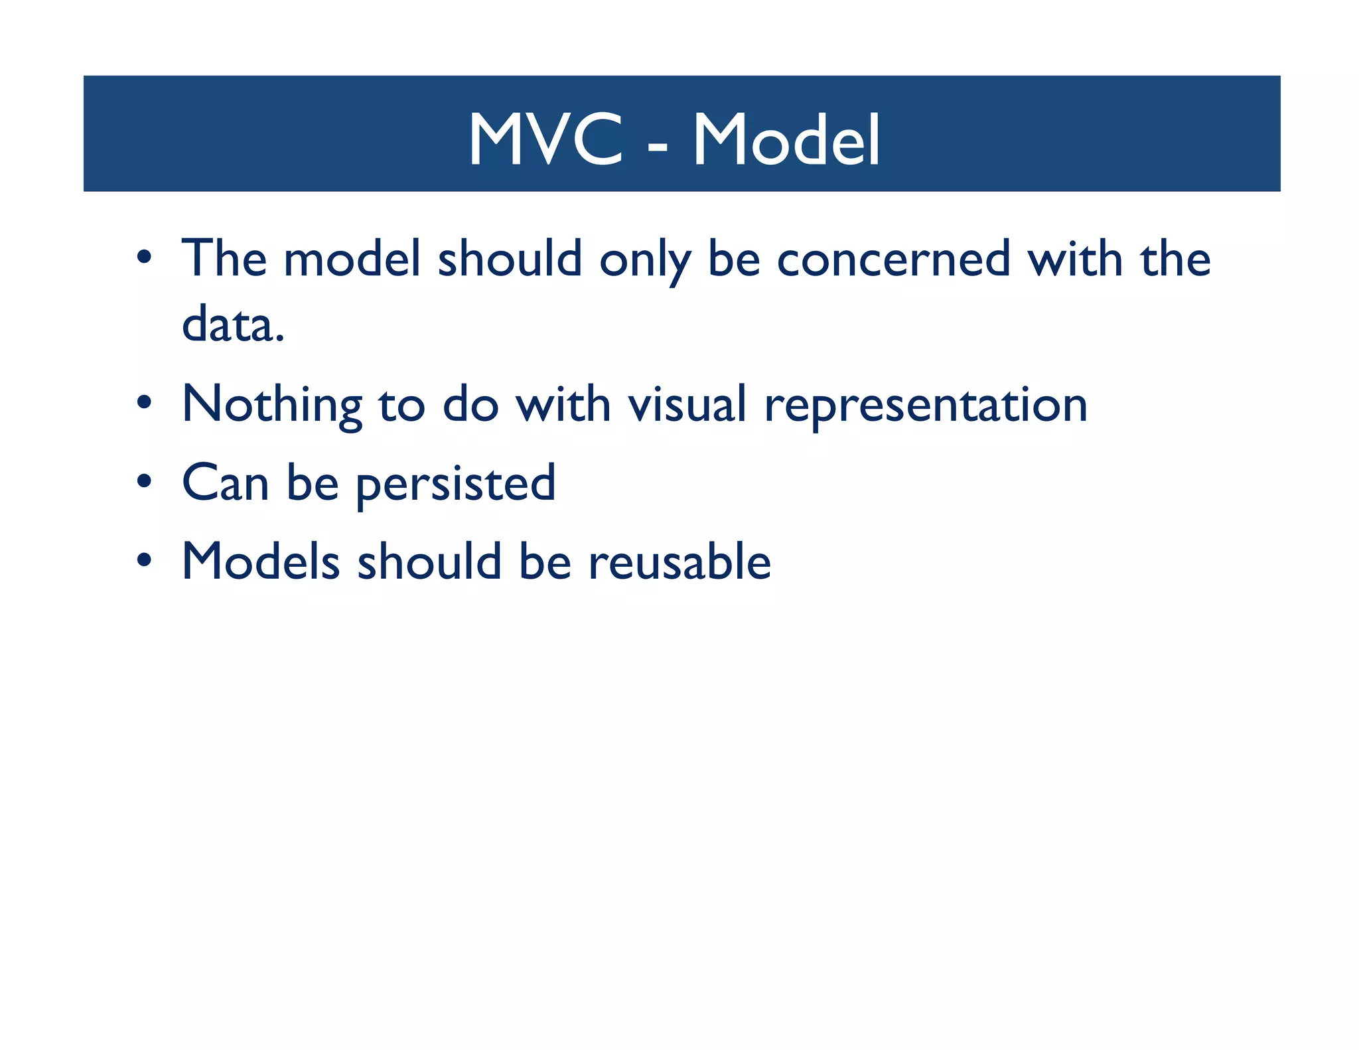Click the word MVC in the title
click(x=545, y=139)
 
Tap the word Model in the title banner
click(x=787, y=139)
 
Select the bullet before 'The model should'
click(x=144, y=257)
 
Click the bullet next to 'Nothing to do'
click(x=144, y=402)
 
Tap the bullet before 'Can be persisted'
click(x=144, y=481)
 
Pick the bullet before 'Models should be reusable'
click(x=144, y=560)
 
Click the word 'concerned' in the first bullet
click(x=893, y=259)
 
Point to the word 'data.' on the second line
click(x=233, y=325)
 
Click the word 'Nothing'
click(x=272, y=404)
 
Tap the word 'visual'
click(x=687, y=404)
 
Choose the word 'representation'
click(x=926, y=406)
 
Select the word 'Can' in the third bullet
click(x=226, y=483)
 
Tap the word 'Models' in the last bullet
click(x=261, y=562)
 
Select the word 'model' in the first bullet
click(x=352, y=258)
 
